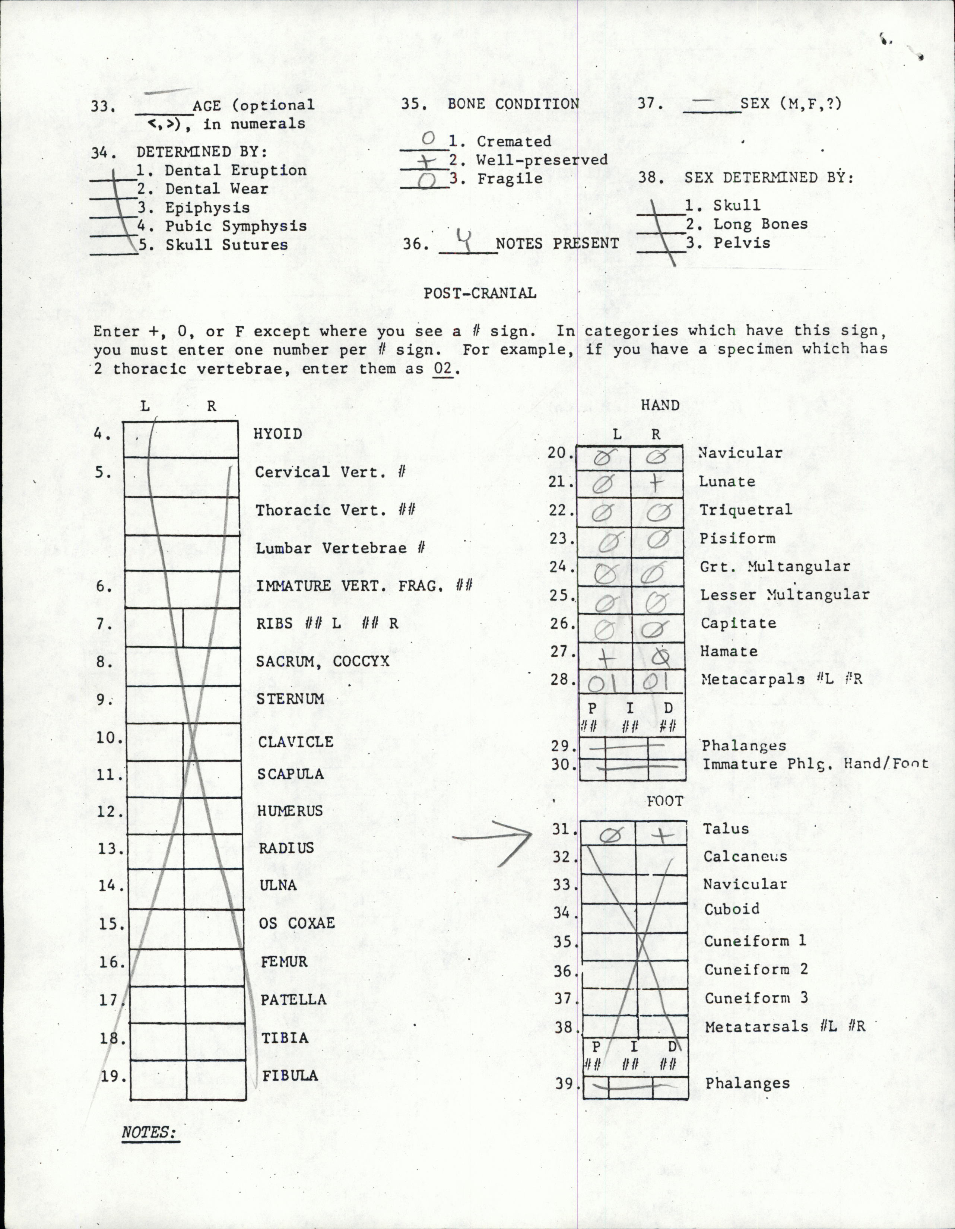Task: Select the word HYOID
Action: pyautogui.click(x=278, y=434)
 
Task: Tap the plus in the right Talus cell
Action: pyautogui.click(x=662, y=836)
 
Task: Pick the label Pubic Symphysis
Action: pyautogui.click(x=235, y=226)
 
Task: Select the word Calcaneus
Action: pyautogui.click(x=745, y=856)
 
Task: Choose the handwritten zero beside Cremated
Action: pyautogui.click(x=429, y=139)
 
